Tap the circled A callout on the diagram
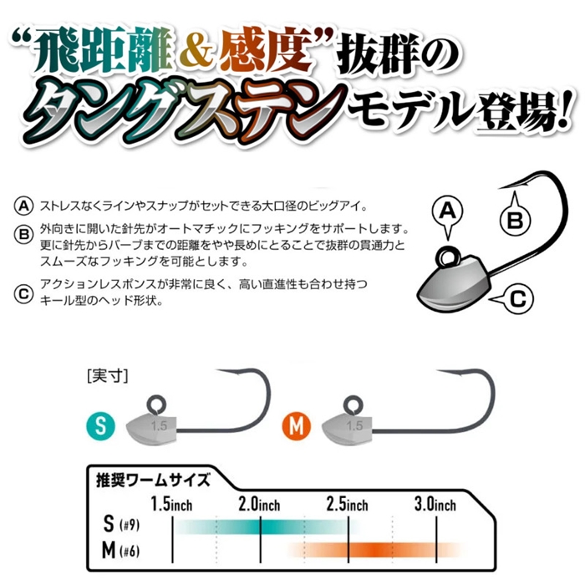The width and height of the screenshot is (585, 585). click(447, 211)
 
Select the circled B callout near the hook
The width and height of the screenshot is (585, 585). click(516, 221)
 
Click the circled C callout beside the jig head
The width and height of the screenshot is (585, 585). click(518, 299)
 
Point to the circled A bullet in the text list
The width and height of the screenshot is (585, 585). click(23, 206)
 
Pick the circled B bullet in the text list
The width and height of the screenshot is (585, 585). click(23, 235)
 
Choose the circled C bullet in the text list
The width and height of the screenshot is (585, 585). click(23, 294)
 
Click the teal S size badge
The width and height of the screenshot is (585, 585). click(101, 425)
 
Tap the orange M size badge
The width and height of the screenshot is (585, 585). click(297, 425)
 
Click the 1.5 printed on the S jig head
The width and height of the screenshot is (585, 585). click(159, 425)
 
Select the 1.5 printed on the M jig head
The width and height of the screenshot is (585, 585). click(354, 425)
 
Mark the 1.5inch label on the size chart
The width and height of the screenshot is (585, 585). click(171, 505)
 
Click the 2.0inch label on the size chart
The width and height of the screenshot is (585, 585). click(259, 505)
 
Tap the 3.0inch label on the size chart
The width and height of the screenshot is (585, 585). click(435, 505)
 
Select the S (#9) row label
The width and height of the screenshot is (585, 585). click(121, 524)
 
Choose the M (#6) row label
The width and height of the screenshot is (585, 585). click(121, 550)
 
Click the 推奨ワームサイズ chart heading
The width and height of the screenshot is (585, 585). click(153, 480)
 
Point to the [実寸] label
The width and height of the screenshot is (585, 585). click(108, 376)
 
